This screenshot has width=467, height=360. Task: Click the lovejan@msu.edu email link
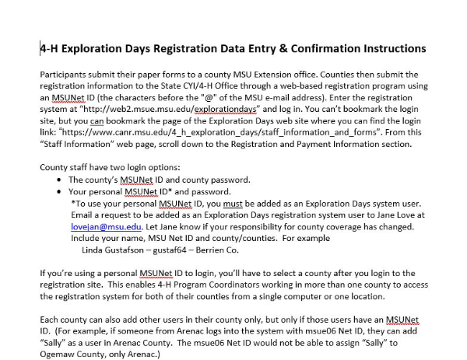pyautogui.click(x=97, y=226)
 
